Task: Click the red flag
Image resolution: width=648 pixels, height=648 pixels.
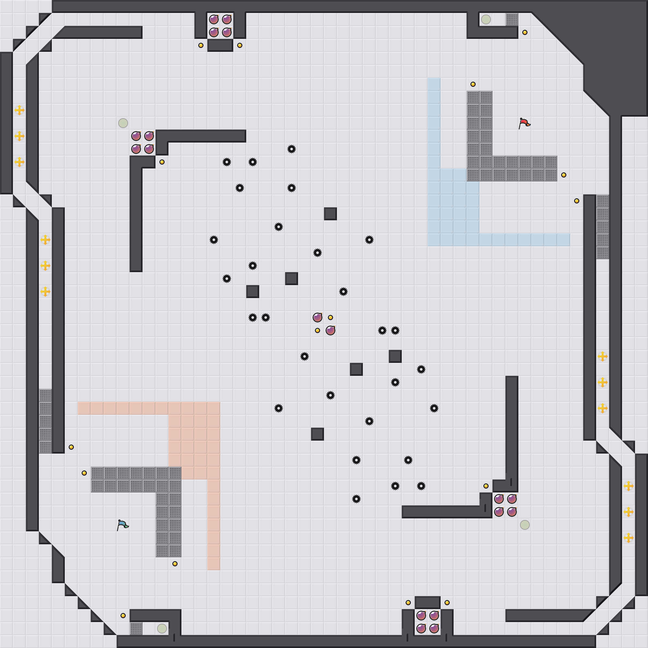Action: click(524, 123)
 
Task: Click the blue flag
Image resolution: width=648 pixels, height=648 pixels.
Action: click(122, 525)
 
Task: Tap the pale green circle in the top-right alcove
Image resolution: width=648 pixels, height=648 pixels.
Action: click(486, 19)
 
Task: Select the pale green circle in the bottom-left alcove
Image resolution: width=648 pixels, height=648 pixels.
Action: click(162, 628)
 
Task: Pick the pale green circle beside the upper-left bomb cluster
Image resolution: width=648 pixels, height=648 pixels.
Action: click(123, 123)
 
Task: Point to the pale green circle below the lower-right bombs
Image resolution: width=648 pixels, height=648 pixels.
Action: click(525, 525)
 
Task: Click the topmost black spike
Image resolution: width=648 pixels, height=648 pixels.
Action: click(292, 149)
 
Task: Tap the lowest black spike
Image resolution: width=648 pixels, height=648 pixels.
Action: click(356, 499)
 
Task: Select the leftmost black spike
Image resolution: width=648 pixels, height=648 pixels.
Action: click(214, 240)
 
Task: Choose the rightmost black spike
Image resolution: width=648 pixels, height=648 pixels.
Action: click(434, 408)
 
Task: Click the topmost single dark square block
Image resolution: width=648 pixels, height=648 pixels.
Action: click(330, 214)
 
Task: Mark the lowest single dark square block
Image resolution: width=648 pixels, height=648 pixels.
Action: click(317, 434)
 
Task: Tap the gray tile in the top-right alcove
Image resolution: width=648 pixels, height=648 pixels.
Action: click(512, 19)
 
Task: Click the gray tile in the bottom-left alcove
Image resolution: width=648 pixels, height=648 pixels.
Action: click(136, 628)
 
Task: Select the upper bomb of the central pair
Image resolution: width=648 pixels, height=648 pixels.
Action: click(317, 317)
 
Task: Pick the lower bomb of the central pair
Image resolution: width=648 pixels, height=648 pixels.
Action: click(330, 330)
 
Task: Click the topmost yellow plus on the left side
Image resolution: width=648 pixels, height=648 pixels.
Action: click(19, 110)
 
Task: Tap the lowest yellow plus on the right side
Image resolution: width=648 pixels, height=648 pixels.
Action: click(628, 538)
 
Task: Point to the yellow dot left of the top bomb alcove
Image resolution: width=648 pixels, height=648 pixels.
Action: click(201, 45)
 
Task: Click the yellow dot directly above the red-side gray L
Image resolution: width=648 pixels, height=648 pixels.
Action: click(473, 84)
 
